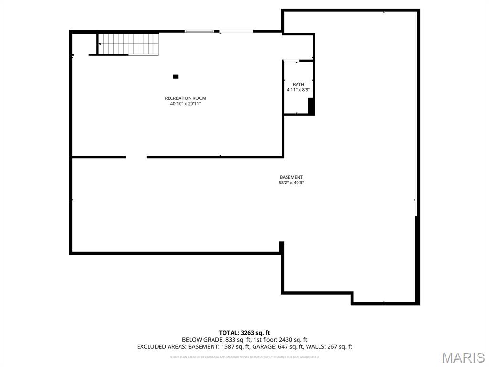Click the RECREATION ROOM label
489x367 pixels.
(185, 98)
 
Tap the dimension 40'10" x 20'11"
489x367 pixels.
(185, 104)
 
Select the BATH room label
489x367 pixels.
(298, 85)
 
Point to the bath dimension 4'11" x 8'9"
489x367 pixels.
(298, 90)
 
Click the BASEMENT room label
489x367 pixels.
(291, 177)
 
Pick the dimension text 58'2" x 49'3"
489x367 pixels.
(291, 183)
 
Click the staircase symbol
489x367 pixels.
(128, 44)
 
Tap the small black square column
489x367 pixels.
(176, 76)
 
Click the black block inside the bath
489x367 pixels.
(311, 106)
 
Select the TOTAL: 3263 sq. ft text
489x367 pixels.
(244, 333)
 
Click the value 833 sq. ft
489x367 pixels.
(233, 340)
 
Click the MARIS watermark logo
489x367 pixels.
(463, 357)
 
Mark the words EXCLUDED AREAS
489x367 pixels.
(160, 347)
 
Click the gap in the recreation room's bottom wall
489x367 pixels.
(136, 157)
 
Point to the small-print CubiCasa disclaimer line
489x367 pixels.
(244, 357)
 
